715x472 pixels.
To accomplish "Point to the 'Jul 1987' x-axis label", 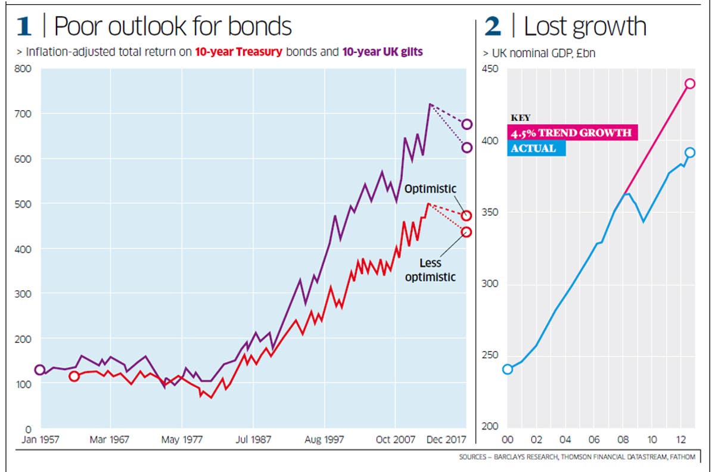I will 254,440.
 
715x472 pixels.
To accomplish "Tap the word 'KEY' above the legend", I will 520,118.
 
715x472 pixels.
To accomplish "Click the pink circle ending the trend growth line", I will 690,83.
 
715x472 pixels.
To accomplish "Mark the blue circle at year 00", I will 508,369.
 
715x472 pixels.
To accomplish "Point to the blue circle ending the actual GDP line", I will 690,153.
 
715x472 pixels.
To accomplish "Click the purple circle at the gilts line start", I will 40,369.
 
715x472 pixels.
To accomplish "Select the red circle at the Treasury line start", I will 74,376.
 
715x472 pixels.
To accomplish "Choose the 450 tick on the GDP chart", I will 490,69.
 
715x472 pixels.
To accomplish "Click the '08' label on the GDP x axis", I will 623,440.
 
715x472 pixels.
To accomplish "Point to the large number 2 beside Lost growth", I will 494,26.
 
